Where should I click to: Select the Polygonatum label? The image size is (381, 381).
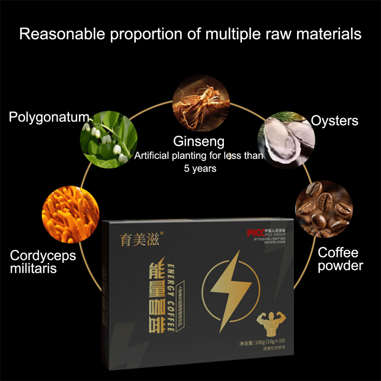coord(49,117)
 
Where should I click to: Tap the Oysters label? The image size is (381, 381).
coord(334,120)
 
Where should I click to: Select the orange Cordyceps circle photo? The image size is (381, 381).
coord(70,209)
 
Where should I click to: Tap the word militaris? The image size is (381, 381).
coord(33,269)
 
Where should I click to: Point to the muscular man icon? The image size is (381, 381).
coord(271,325)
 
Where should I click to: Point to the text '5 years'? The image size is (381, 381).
coord(200,168)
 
